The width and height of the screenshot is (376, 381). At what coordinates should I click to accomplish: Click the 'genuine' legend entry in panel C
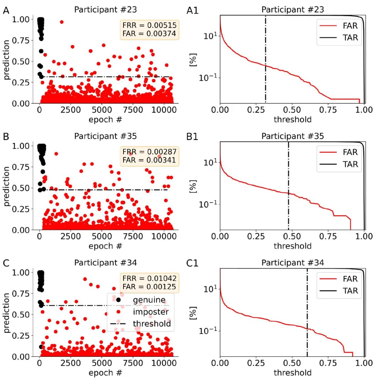click(x=149, y=299)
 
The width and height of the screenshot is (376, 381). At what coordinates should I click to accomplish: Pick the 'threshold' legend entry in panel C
click(x=152, y=324)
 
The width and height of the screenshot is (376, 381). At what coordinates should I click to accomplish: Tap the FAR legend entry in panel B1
click(x=350, y=152)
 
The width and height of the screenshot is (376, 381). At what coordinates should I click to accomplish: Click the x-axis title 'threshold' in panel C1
click(x=292, y=372)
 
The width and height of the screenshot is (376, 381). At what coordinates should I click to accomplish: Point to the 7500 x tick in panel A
click(x=133, y=110)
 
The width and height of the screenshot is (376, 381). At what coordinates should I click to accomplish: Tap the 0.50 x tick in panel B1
click(x=292, y=236)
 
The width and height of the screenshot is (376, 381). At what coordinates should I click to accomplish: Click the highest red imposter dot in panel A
click(x=61, y=22)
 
